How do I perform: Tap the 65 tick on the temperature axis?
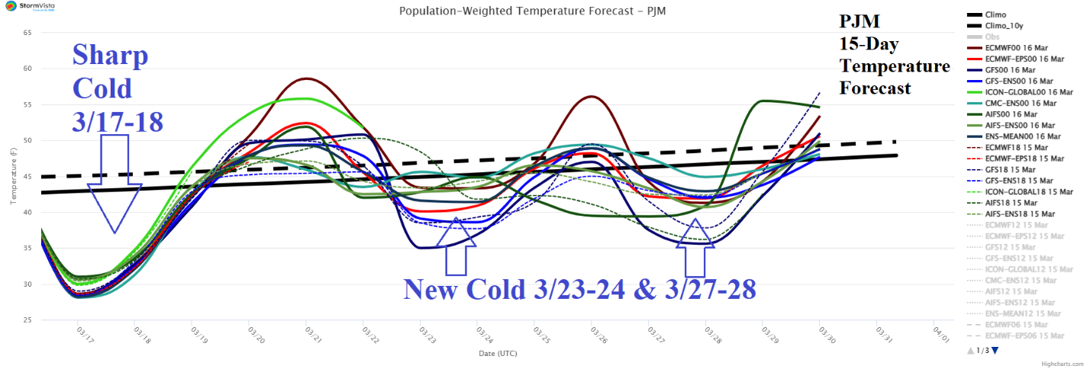tap(27, 33)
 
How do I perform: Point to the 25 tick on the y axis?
tap(27, 319)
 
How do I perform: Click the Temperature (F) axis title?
tap(12, 176)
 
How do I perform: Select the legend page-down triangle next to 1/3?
tap(995, 351)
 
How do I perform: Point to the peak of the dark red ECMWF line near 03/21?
tap(308, 79)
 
